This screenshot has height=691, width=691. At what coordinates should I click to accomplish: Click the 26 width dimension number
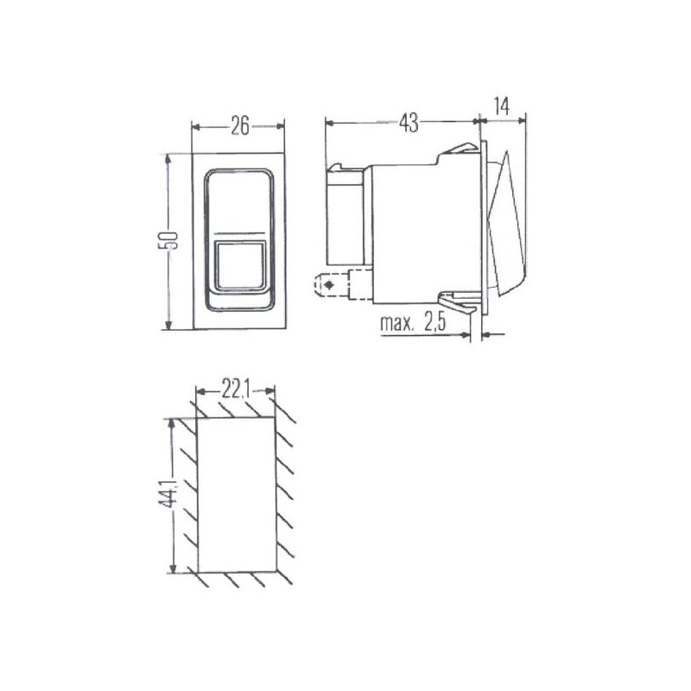(240, 126)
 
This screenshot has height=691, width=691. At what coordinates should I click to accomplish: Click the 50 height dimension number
(168, 241)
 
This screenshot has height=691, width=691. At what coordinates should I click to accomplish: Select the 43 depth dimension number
(409, 123)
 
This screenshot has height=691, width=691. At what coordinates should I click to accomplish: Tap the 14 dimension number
(502, 106)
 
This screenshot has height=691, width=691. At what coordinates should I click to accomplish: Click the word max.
(397, 323)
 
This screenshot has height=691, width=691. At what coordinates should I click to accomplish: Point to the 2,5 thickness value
(435, 323)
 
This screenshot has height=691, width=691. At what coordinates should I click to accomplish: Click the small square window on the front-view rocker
(241, 266)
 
